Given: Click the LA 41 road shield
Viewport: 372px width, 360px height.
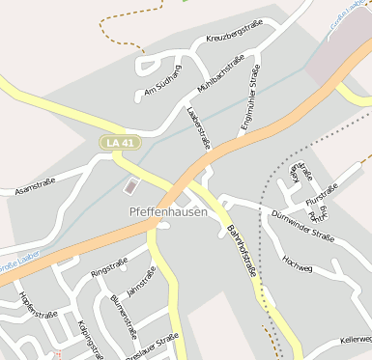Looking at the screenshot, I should point(120,143).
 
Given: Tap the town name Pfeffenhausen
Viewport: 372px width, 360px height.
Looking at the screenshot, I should point(167,211).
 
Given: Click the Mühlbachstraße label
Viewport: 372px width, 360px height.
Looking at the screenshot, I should point(219,74).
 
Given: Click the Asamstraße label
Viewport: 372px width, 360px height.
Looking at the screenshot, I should point(34,186).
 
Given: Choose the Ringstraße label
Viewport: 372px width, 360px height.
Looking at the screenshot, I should point(108,267).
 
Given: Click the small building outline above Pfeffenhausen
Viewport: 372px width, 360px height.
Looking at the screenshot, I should point(131,184).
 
